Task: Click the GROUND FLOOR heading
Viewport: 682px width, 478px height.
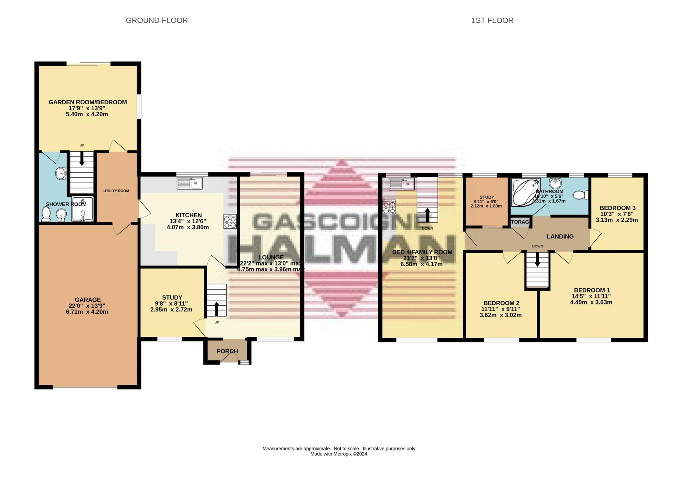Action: click(x=157, y=21)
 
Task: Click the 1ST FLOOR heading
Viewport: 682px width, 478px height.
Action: click(x=492, y=21)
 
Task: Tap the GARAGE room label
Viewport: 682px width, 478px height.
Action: click(x=87, y=300)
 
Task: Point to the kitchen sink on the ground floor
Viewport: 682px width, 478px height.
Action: click(x=189, y=183)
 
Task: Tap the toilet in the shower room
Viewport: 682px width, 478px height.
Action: click(x=46, y=214)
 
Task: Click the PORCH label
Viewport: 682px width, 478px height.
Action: click(x=227, y=351)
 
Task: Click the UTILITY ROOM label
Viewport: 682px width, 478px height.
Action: click(x=116, y=191)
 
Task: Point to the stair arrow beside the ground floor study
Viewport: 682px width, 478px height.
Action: click(x=216, y=309)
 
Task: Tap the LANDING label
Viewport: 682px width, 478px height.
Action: click(x=560, y=237)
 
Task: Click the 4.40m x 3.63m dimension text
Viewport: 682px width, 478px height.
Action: click(x=591, y=302)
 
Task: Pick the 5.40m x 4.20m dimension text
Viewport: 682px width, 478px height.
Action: click(x=87, y=114)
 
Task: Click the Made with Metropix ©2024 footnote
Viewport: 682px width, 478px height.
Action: click(x=338, y=454)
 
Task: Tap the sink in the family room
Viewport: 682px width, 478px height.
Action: click(x=402, y=184)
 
